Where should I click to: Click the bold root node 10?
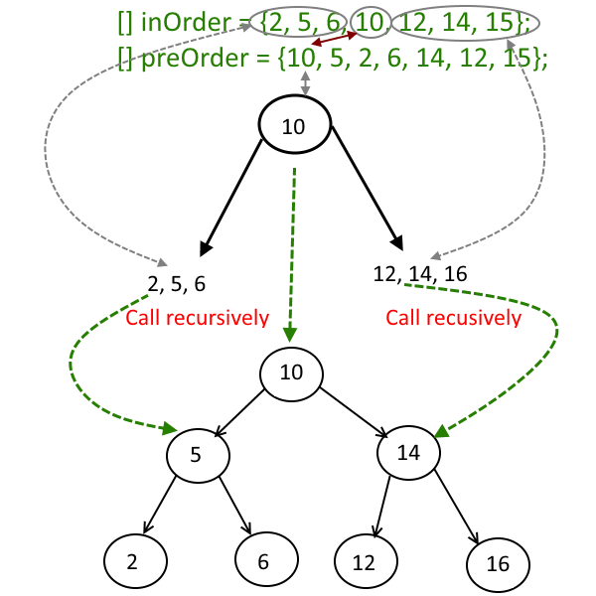click(294, 126)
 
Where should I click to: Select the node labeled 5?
click(197, 456)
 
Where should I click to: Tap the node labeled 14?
click(409, 453)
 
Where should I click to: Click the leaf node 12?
click(364, 563)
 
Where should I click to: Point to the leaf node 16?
click(498, 564)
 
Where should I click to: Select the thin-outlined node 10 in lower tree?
click(292, 373)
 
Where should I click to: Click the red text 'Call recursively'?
click(197, 318)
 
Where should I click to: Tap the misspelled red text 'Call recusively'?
click(453, 318)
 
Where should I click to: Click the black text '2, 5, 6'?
click(177, 284)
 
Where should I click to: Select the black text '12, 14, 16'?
click(420, 272)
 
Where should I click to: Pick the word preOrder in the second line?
click(196, 59)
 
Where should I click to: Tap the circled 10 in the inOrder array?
click(369, 22)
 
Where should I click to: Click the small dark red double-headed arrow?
click(335, 39)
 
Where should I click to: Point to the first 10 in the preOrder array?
click(297, 59)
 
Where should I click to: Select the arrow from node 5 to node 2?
click(160, 507)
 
